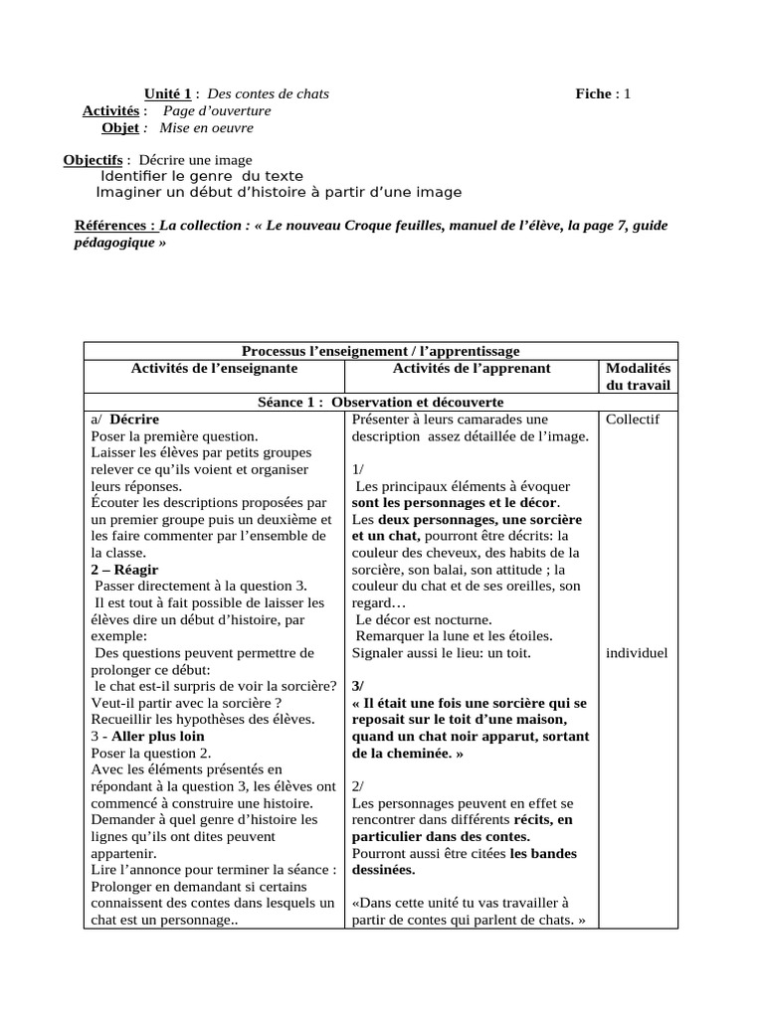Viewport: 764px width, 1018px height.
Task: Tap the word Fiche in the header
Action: [x=594, y=94]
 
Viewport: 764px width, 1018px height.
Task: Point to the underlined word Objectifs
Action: [x=93, y=160]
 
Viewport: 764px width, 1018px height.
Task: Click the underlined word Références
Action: [x=114, y=226]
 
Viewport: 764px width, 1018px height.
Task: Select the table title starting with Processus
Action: [x=380, y=351]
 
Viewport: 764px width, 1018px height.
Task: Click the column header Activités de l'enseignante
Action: [x=214, y=369]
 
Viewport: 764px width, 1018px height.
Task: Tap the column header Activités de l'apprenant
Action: [x=472, y=369]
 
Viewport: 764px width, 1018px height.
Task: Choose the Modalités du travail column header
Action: [x=638, y=377]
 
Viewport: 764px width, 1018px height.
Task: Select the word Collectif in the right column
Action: [x=632, y=420]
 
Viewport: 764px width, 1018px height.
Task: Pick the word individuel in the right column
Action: [x=637, y=653]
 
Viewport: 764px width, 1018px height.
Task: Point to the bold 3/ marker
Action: [x=359, y=687]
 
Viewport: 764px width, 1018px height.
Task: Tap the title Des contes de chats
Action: [x=268, y=94]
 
